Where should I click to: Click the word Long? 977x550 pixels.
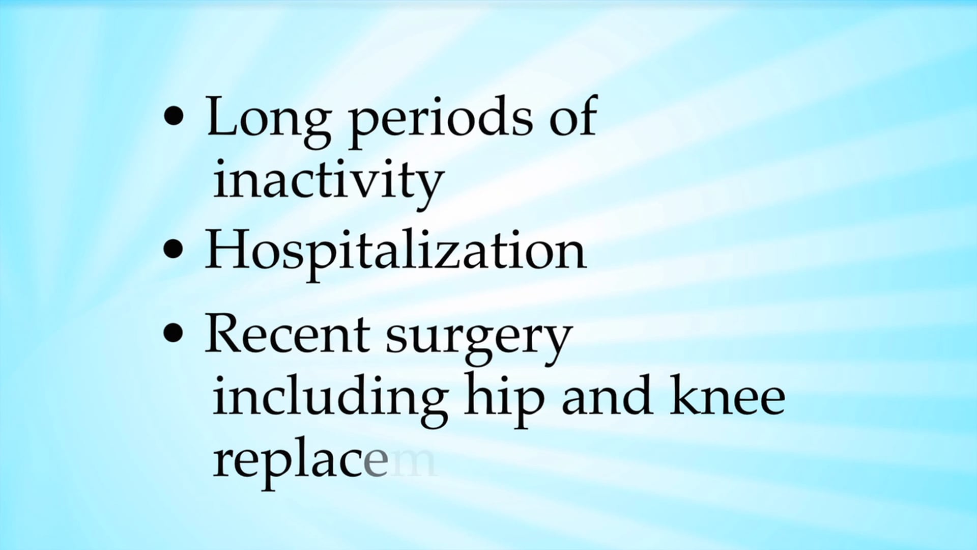(x=268, y=119)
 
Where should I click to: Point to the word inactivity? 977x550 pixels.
(x=328, y=182)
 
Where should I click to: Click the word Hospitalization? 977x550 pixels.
(x=395, y=251)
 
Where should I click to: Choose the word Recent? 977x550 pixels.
(x=287, y=335)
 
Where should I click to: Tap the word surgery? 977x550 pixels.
(x=479, y=339)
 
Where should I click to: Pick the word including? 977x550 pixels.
(x=330, y=400)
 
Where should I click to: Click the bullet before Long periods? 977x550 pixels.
(x=174, y=116)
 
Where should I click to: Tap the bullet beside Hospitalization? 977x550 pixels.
(x=174, y=250)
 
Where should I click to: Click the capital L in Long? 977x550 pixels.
(x=222, y=116)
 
